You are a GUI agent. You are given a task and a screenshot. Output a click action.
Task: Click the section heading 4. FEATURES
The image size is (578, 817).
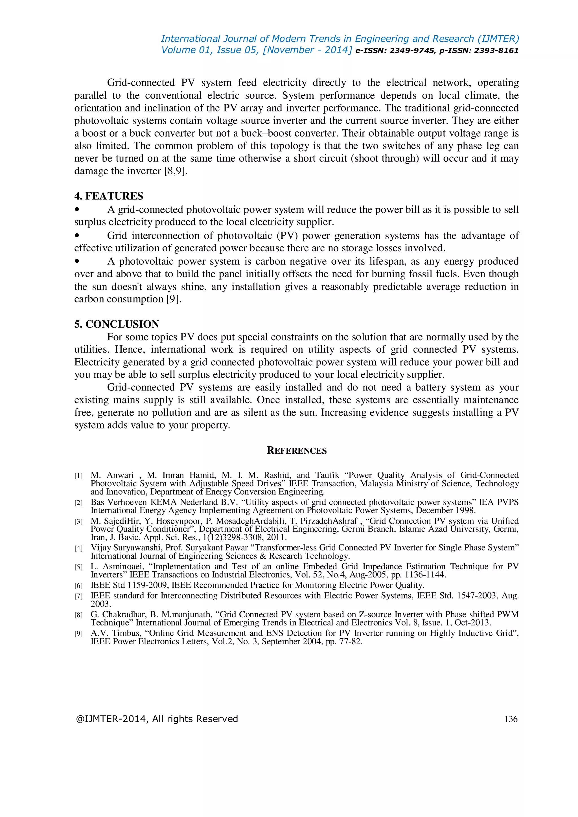coord(109,196)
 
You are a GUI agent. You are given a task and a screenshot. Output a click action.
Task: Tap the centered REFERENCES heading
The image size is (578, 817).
coord(296,451)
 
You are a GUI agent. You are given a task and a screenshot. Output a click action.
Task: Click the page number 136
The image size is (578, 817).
coord(511,719)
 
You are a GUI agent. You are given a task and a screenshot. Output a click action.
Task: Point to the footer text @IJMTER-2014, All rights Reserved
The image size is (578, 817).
coord(157,719)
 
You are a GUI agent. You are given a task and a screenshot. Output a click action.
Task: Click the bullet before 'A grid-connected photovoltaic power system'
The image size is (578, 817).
coord(76,210)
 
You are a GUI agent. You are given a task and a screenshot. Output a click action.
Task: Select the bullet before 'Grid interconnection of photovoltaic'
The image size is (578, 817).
coord(76,236)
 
